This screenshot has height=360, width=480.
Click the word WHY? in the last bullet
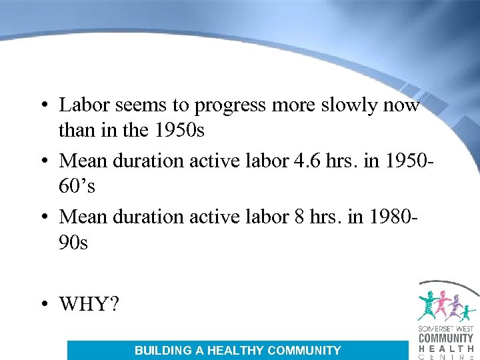[89, 304]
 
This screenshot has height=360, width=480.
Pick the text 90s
[73, 243]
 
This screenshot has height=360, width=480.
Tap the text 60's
[77, 187]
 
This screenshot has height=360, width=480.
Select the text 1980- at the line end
[399, 217]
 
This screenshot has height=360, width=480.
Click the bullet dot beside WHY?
[43, 305]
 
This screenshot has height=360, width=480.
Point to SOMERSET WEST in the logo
[445, 329]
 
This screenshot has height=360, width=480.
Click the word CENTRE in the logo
[445, 357]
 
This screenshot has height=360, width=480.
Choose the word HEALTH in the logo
[445, 348]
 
